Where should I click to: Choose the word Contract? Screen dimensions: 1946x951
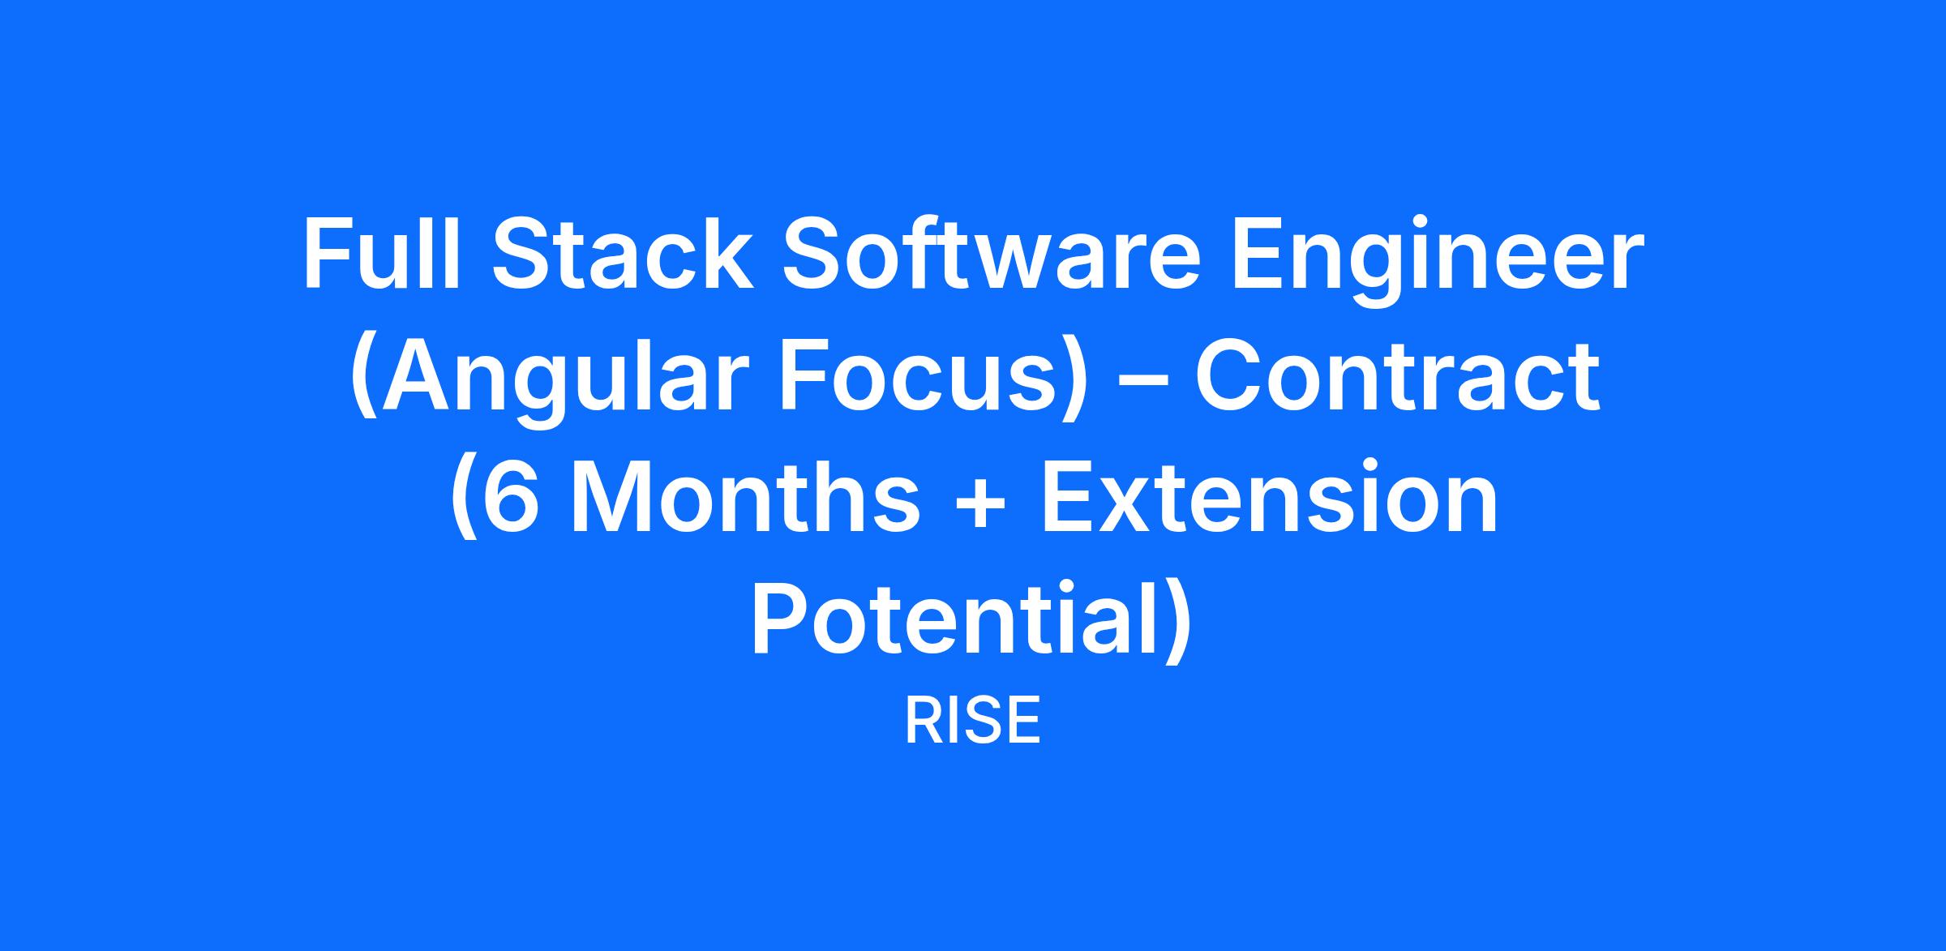point(1397,376)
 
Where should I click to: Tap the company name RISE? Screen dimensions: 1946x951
point(972,722)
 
